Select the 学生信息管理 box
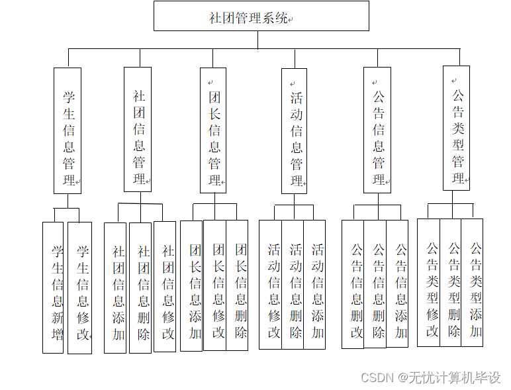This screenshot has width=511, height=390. point(68,130)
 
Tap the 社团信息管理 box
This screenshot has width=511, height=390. point(138,129)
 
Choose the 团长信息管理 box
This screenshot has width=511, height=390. point(213,130)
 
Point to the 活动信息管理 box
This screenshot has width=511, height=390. point(294,130)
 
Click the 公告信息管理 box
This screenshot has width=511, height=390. point(377,130)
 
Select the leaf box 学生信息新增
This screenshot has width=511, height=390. point(53,287)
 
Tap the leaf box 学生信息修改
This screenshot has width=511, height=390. point(80,287)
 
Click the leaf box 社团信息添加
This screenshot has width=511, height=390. point(115,287)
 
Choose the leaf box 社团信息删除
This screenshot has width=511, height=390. point(140,287)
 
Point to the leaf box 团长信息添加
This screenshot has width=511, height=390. point(192,285)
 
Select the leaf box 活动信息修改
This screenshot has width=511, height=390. point(270,285)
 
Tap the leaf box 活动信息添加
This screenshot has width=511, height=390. point(314,285)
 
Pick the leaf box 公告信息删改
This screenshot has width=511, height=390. point(353,285)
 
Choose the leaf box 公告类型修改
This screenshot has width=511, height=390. point(428,283)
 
